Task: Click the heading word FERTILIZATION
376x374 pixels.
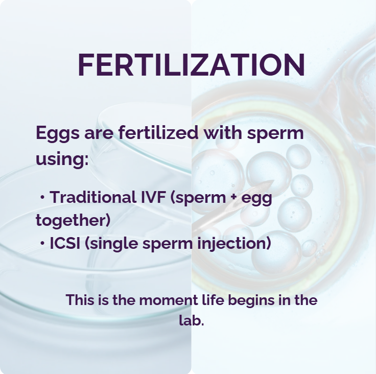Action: pyautogui.click(x=191, y=65)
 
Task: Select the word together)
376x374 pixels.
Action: pyautogui.click(x=73, y=221)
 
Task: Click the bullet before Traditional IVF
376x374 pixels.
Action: pyautogui.click(x=42, y=198)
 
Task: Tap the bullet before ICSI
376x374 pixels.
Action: pyautogui.click(x=42, y=244)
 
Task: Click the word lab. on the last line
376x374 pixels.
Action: pyautogui.click(x=192, y=322)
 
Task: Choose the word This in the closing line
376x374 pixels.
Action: pyautogui.click(x=81, y=300)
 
